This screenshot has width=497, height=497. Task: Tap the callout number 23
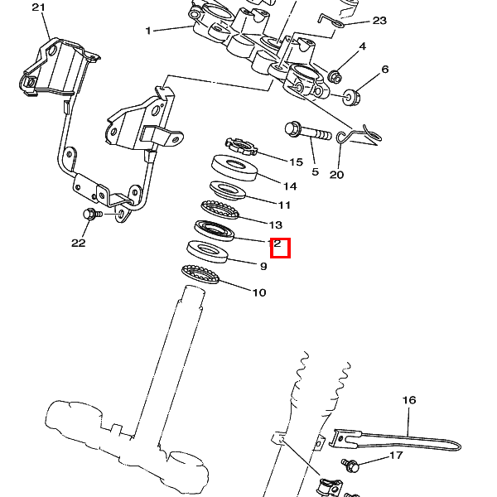[x=379, y=21]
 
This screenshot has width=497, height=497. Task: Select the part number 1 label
[x=148, y=31]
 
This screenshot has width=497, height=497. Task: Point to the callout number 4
[x=362, y=46]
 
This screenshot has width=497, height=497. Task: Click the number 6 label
[x=384, y=70]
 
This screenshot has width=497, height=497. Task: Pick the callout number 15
[x=297, y=162]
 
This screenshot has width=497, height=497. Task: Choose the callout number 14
[x=290, y=186]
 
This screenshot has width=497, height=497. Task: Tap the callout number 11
[x=284, y=205]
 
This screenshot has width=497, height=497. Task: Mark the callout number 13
[x=276, y=224]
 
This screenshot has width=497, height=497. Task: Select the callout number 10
[x=259, y=292]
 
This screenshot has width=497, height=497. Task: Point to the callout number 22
[x=78, y=243]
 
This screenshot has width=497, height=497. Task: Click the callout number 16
[x=409, y=400]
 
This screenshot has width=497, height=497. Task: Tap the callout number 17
[x=396, y=456]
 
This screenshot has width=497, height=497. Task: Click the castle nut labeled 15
[x=239, y=147]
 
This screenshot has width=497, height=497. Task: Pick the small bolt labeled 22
[x=90, y=215]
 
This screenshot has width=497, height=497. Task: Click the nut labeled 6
[x=350, y=97]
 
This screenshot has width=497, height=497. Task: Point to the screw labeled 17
[x=350, y=465]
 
